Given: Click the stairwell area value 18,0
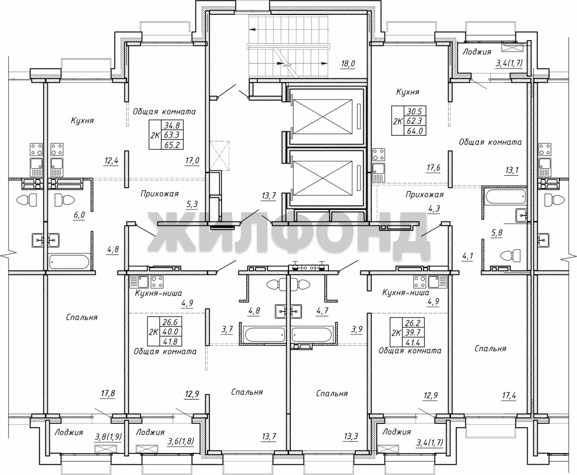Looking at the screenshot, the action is pos(348,64).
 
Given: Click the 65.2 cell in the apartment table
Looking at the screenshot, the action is pos(172,145).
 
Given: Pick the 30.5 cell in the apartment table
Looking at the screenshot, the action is pos(415,111).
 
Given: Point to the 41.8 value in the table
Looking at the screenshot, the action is pos(170,342).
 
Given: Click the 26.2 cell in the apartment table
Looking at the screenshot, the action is pos(413,323).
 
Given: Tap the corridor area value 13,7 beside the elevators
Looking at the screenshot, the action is pos(269,196).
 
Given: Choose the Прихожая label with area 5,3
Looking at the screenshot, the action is pos(160,194).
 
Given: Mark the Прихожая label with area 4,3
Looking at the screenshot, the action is pos(425,195).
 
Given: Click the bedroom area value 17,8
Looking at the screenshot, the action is pos(108,393).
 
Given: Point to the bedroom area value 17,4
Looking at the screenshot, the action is pos(509,396).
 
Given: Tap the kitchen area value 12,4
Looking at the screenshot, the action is pos(111,160).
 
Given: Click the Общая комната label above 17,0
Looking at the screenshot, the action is pos(164,112).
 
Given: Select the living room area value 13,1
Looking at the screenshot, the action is pos(512,170).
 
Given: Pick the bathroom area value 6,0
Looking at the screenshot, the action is pos(79,215).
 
